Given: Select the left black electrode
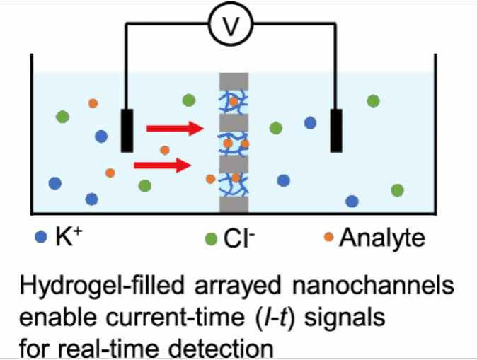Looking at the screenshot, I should (x=127, y=130).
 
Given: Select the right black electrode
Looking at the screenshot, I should (x=337, y=130).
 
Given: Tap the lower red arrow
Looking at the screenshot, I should (x=163, y=165).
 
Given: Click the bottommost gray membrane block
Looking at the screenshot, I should (x=234, y=205).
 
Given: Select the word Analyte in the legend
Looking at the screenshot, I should (x=382, y=239).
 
